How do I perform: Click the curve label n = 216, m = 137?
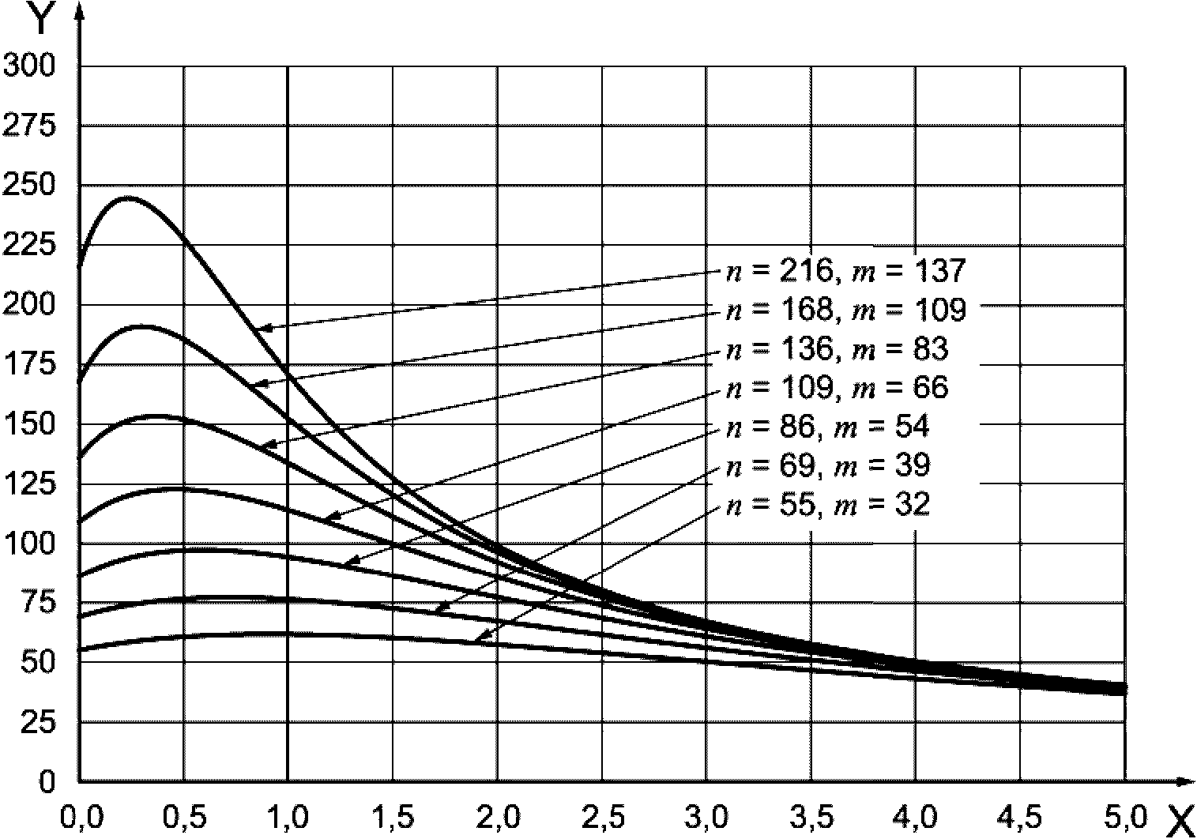pyautogui.click(x=845, y=271)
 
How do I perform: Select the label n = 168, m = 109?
pyautogui.click(x=845, y=310)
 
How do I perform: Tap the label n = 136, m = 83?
pyautogui.click(x=837, y=348)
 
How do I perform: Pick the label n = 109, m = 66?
pyautogui.click(x=837, y=387)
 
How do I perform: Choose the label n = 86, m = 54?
pyautogui.click(x=827, y=427)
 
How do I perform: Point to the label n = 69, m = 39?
pyautogui.click(x=827, y=465)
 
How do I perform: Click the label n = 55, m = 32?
pyautogui.click(x=827, y=504)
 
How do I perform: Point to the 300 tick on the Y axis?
pyautogui.click(x=30, y=66)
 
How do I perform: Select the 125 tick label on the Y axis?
pyautogui.click(x=30, y=483)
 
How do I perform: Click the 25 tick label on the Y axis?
pyautogui.click(x=39, y=722)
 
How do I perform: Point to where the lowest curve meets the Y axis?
pyautogui.click(x=80, y=650)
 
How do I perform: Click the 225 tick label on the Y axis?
pyautogui.click(x=30, y=246)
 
